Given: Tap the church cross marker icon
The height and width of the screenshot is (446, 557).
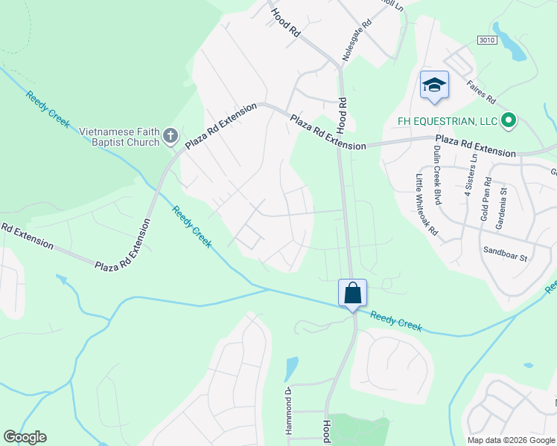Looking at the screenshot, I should [x=171, y=136].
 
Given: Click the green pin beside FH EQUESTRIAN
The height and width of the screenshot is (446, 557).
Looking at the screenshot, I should [x=509, y=120].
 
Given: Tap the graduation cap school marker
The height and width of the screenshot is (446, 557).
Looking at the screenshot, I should [x=433, y=85].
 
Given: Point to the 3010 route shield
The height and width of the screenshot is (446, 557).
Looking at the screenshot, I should [x=487, y=40].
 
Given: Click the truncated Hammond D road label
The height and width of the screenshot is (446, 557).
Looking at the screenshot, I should [x=287, y=410].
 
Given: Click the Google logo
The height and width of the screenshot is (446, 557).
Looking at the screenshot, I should [x=25, y=437].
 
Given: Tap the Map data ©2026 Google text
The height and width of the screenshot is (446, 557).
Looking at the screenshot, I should [x=511, y=440].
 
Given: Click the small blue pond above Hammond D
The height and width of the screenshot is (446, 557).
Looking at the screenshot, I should [x=291, y=368].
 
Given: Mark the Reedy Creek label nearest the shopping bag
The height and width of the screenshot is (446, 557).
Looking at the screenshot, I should [x=395, y=321].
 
